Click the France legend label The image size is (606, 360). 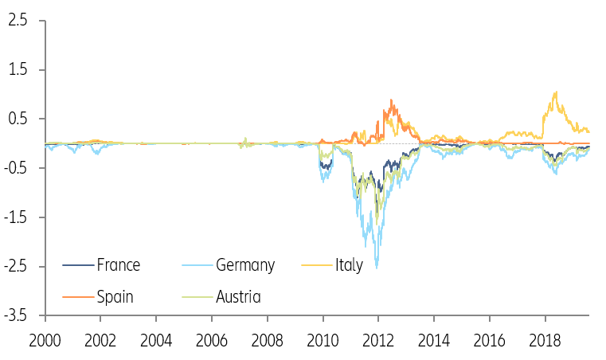118,265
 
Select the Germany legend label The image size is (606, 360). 244,265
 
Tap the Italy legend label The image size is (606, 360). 348,265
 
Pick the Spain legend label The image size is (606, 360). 115,297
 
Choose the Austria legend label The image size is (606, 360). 238,297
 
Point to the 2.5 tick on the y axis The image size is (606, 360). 18,21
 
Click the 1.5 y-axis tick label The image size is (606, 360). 18,70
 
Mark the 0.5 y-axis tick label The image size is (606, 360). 18,119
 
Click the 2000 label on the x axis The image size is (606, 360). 45,339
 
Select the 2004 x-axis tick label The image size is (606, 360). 156,339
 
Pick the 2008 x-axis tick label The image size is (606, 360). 267,339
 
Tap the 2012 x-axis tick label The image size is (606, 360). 378,339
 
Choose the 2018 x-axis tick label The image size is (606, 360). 545,339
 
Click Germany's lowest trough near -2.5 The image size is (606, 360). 377,268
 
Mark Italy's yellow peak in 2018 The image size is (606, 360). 555,92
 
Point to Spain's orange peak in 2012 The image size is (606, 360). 391,100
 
